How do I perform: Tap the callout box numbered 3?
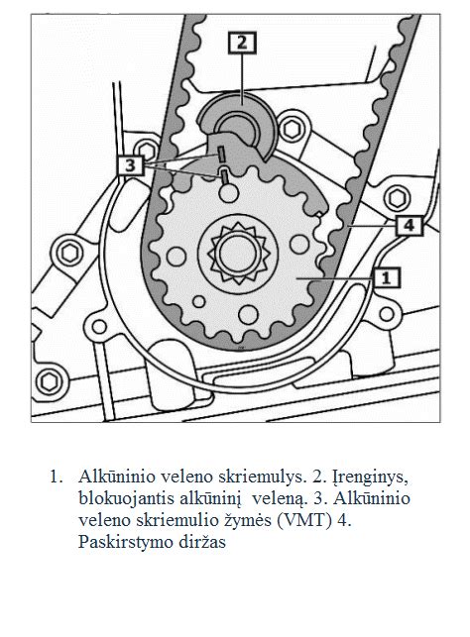[132, 164]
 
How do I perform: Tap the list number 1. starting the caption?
[57, 476]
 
